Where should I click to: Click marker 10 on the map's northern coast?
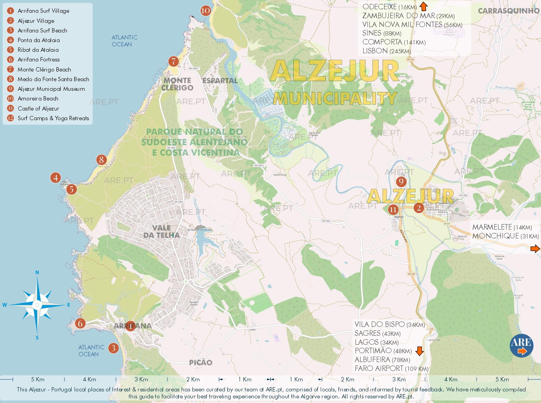[206, 11]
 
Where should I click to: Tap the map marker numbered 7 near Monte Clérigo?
[174, 61]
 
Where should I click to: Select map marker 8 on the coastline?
[101, 160]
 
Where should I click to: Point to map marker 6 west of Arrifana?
[80, 323]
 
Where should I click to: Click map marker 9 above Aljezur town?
[401, 182]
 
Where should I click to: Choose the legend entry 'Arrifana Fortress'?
[38, 60]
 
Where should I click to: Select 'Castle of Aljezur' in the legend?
[38, 109]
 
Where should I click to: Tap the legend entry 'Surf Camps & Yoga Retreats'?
[53, 118]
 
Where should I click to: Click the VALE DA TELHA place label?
[162, 231]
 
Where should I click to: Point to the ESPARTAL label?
[220, 81]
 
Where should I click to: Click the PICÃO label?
[201, 362]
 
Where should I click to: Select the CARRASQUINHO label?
[509, 11]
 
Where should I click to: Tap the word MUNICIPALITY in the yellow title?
[335, 99]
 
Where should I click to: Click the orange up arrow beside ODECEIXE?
[424, 6]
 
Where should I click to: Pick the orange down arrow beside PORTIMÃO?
[419, 351]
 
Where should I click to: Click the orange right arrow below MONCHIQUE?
[535, 248]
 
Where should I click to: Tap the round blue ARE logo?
[521, 345]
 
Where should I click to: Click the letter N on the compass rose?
[37, 272]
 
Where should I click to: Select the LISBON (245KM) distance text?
[386, 51]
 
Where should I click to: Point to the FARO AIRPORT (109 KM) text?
[391, 369]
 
